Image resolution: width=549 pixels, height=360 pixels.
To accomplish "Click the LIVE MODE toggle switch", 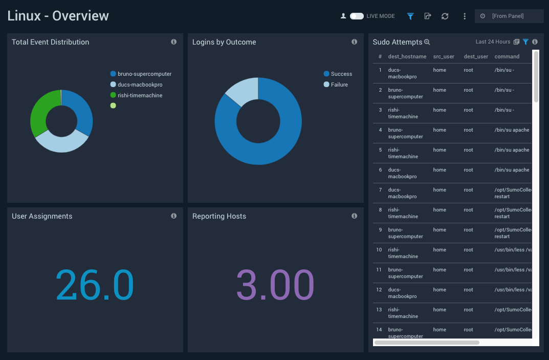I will (x=357, y=16).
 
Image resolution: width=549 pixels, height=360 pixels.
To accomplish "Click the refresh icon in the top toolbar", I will (x=445, y=16).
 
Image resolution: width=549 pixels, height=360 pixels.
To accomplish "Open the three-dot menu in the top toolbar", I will (x=465, y=16).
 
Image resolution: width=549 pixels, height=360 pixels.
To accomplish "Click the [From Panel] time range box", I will (x=509, y=16).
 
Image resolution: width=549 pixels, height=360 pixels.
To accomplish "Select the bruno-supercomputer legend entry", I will (x=144, y=74).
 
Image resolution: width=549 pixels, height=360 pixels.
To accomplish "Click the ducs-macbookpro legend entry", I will (x=140, y=85).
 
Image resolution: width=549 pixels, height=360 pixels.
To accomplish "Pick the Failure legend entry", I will (x=339, y=85).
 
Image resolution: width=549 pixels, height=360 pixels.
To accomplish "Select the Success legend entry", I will (x=341, y=74).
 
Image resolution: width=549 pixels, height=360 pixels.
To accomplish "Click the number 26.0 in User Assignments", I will (x=95, y=285).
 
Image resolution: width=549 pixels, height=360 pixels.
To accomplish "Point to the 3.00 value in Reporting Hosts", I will (x=275, y=285).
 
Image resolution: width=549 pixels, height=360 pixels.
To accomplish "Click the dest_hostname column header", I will (x=407, y=57).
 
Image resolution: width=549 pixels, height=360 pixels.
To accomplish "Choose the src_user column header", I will (x=444, y=57).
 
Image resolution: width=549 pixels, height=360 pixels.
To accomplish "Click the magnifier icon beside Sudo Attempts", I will (x=427, y=43).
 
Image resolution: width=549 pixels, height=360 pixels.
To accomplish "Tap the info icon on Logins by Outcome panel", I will (x=354, y=42).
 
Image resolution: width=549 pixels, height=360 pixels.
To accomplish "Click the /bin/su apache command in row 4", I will (x=512, y=130).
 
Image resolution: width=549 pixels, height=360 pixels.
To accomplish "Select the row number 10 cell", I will (x=379, y=250).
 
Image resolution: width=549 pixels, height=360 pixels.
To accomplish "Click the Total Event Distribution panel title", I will (x=51, y=43).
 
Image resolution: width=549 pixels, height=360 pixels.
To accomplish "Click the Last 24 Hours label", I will (x=493, y=42).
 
